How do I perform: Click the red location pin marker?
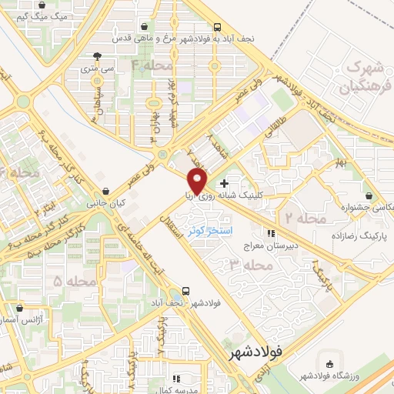point(198,182)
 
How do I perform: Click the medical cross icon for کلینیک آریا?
point(224,184)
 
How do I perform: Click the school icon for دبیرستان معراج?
point(270,233)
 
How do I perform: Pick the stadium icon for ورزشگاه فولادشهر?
point(330,363)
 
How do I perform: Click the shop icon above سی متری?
point(96,56)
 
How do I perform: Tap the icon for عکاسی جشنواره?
point(371,195)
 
